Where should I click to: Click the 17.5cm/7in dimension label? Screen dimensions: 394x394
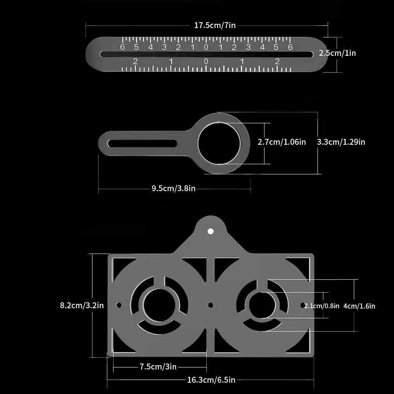215,26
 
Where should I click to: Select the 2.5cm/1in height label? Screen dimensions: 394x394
337,53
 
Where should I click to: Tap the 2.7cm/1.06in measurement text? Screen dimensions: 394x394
282,142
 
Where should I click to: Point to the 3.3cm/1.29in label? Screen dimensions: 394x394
341,142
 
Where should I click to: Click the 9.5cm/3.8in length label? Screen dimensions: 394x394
174,189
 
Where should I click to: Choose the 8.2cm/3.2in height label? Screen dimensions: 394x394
82,305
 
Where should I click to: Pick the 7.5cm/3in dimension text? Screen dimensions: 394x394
158,367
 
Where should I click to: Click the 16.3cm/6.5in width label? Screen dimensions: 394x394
211,380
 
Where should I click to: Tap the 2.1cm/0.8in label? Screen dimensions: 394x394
322,306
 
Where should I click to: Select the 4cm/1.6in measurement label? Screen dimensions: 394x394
359,306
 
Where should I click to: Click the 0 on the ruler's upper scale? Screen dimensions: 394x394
206,48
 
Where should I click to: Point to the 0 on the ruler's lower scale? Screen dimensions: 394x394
206,62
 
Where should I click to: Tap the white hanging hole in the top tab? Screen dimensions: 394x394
211,231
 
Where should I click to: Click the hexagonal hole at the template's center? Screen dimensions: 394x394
210,305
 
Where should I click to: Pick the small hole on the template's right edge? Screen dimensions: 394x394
303,305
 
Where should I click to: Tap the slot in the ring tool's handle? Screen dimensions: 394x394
142,144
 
